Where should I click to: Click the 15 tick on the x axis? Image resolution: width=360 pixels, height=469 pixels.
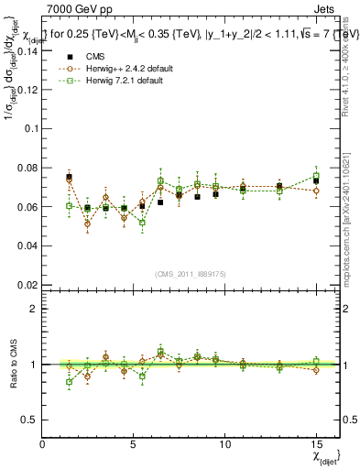tap(315, 445)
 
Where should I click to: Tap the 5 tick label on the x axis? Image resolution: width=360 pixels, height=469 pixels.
tap(134, 445)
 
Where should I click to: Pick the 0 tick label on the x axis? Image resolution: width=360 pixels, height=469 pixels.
tap(43, 445)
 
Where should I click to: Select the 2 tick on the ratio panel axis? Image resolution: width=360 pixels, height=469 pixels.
tap(34, 309)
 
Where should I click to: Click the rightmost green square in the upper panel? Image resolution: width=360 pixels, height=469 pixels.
tap(316, 176)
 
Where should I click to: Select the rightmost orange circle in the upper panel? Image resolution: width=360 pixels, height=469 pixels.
tap(316, 191)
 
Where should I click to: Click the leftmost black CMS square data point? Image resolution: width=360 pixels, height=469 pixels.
tap(69, 177)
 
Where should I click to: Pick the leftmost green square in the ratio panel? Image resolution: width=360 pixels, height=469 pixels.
tap(69, 382)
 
